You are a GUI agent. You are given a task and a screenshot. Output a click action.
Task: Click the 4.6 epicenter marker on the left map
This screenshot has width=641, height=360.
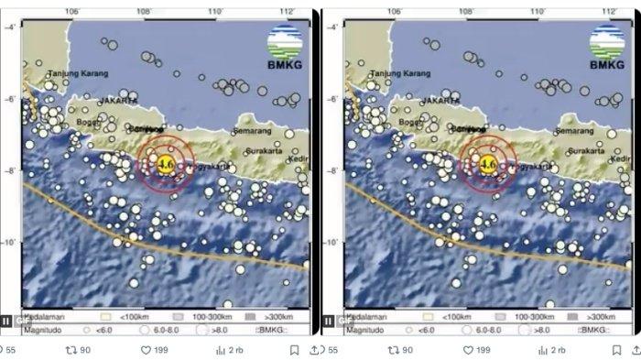[166, 165]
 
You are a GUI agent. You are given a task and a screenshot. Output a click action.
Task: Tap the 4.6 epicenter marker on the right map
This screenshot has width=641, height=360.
[488, 165]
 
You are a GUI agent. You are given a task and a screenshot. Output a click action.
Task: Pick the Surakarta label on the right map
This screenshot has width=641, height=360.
[586, 151]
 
